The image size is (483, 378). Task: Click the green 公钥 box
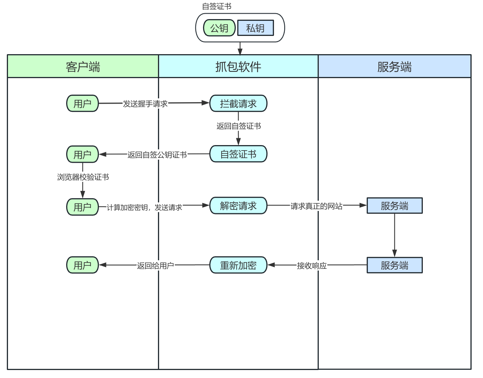[219, 28]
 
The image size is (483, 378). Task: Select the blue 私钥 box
[255, 28]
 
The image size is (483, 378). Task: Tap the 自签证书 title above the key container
[216, 6]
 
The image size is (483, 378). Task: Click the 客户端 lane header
[83, 67]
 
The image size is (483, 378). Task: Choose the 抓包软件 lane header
[238, 67]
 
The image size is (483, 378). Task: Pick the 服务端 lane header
[394, 67]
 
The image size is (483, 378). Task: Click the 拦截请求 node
[238, 103]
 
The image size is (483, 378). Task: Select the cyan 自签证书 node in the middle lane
[238, 154]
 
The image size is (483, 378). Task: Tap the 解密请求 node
[238, 206]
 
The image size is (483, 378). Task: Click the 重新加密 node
[238, 265]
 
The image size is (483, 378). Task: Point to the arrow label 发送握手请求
[145, 104]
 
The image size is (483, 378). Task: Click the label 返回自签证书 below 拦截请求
[238, 126]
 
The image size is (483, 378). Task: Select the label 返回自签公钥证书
[157, 155]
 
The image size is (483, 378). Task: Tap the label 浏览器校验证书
[83, 177]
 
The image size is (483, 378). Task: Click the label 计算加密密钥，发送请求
[144, 208]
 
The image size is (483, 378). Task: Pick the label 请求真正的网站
[316, 206]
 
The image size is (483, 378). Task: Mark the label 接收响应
[312, 266]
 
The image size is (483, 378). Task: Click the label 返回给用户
[155, 266]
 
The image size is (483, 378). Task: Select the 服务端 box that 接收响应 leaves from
[394, 265]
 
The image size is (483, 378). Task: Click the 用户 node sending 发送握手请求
[82, 103]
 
